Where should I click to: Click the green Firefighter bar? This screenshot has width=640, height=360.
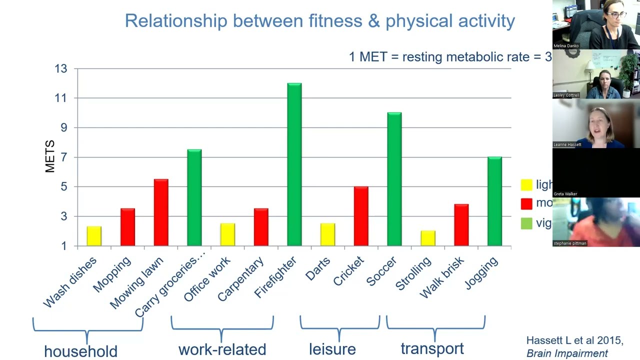294,165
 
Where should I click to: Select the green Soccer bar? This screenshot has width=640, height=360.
394,179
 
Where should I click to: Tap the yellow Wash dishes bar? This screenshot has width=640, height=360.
94,236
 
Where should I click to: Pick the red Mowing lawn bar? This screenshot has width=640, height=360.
161,212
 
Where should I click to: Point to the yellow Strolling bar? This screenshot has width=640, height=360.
428,238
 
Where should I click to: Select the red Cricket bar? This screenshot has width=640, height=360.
361,216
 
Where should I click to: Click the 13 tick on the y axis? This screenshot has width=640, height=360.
61,68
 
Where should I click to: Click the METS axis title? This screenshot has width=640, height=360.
50,156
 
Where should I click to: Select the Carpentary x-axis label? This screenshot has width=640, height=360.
241,279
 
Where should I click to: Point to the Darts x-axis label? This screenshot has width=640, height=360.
318,269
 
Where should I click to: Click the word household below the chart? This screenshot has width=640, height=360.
80,351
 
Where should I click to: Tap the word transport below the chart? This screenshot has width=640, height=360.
432,349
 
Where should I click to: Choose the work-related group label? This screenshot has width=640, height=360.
222,349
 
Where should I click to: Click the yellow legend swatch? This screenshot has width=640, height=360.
526,185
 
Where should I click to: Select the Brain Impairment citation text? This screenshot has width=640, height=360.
567,353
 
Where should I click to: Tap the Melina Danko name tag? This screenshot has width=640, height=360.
566,45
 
